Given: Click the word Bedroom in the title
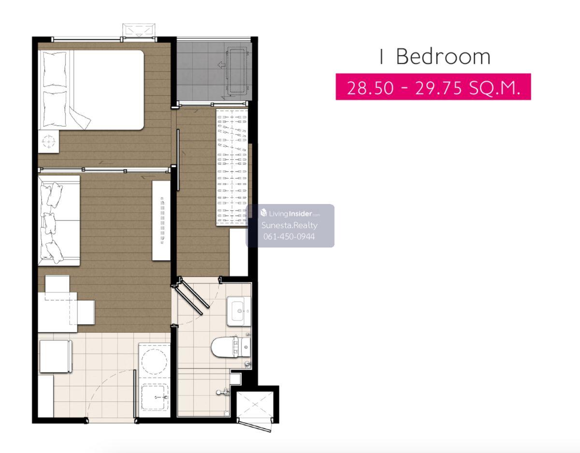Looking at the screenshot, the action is coord(443,57).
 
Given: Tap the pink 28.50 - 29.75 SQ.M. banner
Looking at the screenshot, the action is coord(433,87).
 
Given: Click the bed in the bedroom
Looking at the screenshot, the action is coord(91,90).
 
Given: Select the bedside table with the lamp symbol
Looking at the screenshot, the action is coord(49,141).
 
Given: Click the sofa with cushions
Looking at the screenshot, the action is coord(59,220).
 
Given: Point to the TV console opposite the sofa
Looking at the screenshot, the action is coord(161,220).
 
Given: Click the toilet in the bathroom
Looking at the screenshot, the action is coord(231,347).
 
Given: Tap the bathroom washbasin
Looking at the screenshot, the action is coord(239,311).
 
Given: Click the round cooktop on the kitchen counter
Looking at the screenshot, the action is coord(154,362).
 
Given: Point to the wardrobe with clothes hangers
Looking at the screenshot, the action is coord(232,167).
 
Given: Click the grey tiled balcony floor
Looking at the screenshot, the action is coord(214,71).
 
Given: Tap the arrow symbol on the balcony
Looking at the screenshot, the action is coord(221,65).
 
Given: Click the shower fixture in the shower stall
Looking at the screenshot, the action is coord(223,392).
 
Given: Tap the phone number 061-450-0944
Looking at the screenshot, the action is coord(289,236).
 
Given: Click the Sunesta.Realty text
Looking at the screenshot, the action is coord(290,225).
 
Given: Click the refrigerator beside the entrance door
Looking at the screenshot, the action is coord(56,356).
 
